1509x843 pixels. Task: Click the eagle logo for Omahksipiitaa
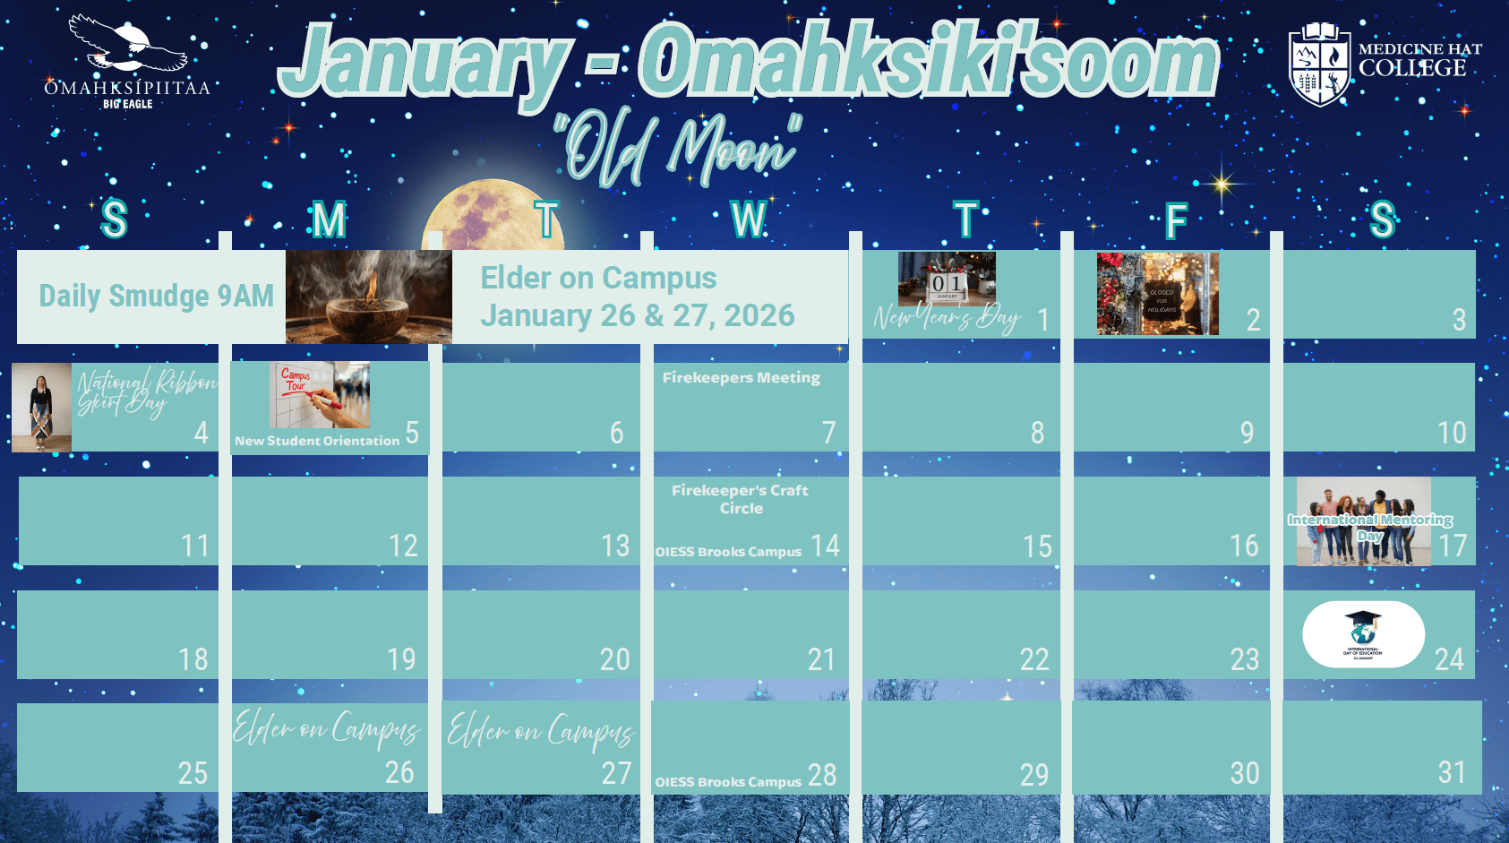(127, 45)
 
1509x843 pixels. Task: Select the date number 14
(825, 546)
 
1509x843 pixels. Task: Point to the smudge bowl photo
(369, 297)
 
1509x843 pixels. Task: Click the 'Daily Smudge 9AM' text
(156, 296)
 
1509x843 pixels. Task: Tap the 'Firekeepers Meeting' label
(741, 378)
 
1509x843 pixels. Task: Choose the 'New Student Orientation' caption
(317, 441)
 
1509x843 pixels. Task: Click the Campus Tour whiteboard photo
(320, 394)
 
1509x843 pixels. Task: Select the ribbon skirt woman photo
(41, 407)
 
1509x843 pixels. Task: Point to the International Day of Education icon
(1363, 634)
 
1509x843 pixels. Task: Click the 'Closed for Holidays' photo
(1157, 294)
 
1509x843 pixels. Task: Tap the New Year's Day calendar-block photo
(947, 279)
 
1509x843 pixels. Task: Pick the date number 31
(1451, 772)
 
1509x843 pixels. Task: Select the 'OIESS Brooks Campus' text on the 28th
(728, 782)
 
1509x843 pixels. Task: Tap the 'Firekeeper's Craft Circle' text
(741, 499)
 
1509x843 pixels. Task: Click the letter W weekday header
(749, 219)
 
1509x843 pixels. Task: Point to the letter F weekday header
(1176, 220)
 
